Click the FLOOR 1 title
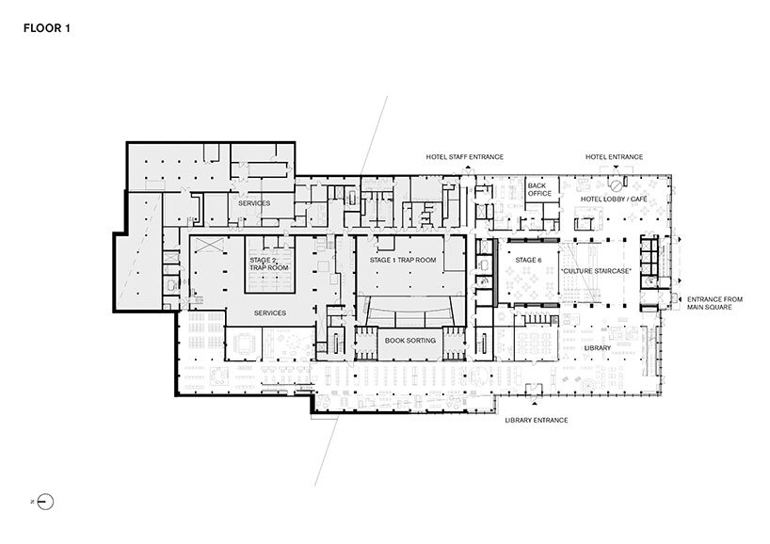pos(47,28)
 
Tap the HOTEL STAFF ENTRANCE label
pos(465,157)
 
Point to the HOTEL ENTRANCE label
pos(614,157)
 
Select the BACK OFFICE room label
pos(539,189)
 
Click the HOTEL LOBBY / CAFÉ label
pos(614,199)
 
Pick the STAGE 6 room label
pos(528,260)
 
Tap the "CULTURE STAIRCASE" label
pos(596,271)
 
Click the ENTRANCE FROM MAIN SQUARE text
pos(714,303)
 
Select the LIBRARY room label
pos(597,348)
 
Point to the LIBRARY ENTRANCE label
pos(537,421)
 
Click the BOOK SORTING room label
pos(410,341)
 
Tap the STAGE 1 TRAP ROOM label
pos(403,260)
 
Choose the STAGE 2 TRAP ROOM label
pos(268,264)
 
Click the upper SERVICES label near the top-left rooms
pos(254,203)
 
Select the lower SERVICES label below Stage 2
pos(269,312)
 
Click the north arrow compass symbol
pos(45,502)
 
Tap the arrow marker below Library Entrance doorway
pos(535,403)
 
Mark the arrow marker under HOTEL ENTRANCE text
pos(616,167)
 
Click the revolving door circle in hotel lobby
pos(616,186)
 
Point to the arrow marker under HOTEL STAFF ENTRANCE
pos(468,168)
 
